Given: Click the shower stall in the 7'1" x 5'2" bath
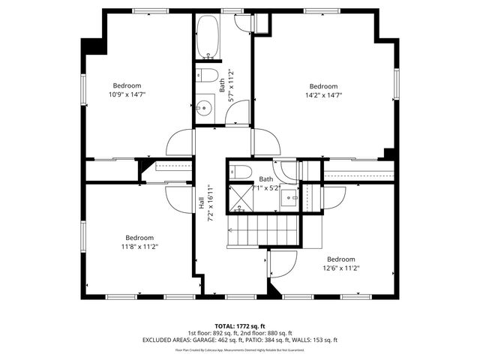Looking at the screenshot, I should (x=240, y=196).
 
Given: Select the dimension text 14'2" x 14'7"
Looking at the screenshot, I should (x=323, y=96).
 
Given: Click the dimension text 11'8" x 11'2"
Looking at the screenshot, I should (x=139, y=246).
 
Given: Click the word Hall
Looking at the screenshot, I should (x=202, y=203).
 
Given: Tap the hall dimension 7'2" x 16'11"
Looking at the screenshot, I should (x=212, y=203).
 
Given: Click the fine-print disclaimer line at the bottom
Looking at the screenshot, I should (x=239, y=349).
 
